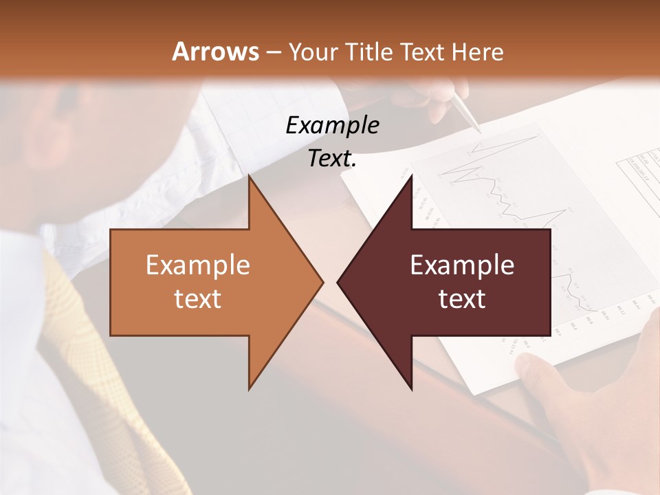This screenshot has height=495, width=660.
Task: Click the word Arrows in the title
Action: click(215, 52)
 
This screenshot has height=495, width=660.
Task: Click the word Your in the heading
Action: click(313, 52)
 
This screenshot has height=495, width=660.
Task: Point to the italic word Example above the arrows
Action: click(333, 125)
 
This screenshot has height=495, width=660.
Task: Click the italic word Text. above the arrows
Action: click(333, 159)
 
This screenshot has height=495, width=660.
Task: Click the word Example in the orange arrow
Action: click(198, 265)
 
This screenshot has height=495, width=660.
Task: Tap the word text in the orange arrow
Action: click(198, 299)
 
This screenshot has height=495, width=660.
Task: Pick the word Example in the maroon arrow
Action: click(462, 265)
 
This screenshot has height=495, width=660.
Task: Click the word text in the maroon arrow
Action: click(462, 299)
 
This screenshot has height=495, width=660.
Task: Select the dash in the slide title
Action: click(273, 52)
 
